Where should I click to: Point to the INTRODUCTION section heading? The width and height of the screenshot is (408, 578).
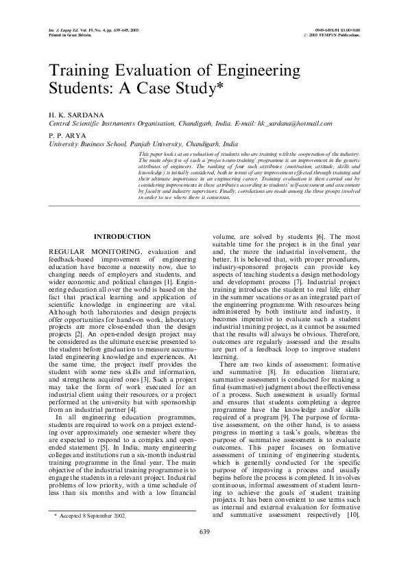pyautogui.click(x=121, y=236)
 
